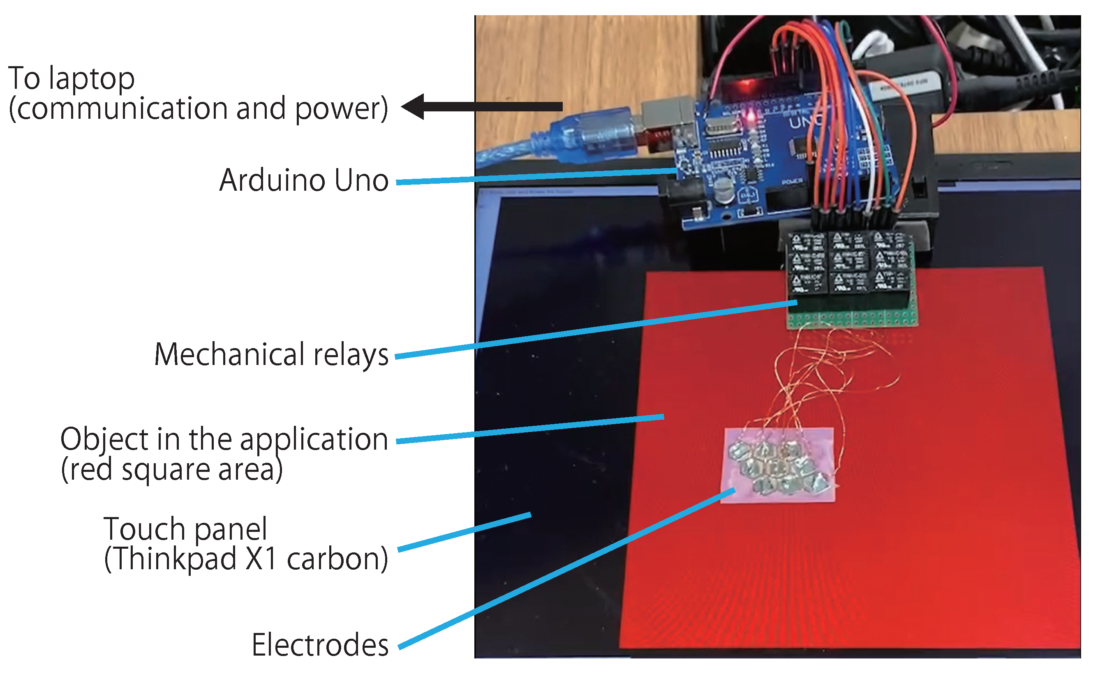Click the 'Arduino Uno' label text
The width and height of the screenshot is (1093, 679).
[x=303, y=180]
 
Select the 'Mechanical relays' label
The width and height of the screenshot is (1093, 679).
[x=271, y=355]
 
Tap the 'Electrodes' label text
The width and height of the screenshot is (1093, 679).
[x=320, y=645]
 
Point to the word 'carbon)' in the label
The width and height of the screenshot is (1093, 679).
[x=337, y=559]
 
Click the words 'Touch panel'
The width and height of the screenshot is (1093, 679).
[x=185, y=529]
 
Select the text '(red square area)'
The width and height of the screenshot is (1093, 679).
[x=171, y=470]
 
